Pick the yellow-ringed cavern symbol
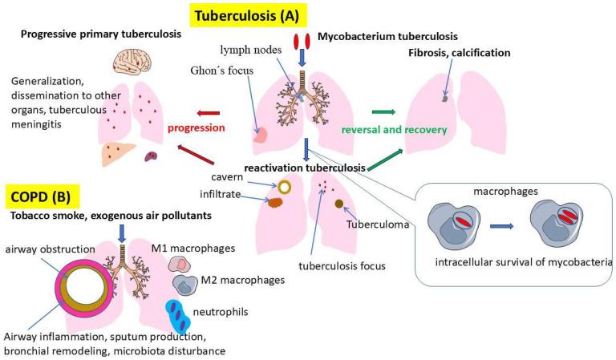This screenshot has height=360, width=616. point(284,186)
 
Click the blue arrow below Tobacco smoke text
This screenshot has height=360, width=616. point(120,233)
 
